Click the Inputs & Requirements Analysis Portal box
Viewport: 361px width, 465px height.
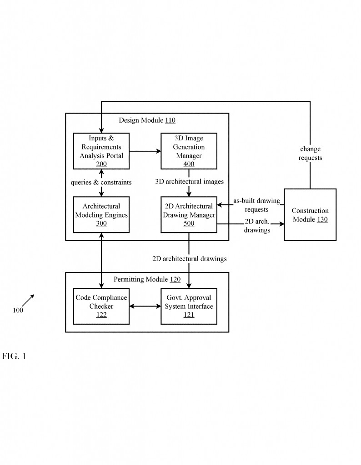101,151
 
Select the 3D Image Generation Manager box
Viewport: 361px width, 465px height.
189,151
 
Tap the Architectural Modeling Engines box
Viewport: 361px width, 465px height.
101,214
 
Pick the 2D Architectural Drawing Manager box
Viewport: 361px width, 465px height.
189,214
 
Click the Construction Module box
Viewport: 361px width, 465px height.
310,214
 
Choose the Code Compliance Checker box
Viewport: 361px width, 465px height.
101,306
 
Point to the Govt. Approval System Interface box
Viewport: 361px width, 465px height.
189,306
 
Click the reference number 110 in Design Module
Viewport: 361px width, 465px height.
170,120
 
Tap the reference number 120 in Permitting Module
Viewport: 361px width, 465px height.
175,279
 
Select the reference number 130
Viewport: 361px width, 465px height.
322,219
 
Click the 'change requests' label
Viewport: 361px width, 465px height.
310,153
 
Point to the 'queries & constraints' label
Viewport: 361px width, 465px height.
101,182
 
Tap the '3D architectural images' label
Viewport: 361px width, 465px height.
190,182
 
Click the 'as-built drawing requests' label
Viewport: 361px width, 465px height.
256,205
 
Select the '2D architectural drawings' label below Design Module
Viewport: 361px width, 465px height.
190,259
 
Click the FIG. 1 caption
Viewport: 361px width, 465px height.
14,356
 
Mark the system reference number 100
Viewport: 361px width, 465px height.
18,310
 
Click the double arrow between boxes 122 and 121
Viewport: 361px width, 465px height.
145,306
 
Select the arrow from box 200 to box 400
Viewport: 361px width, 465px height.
145,151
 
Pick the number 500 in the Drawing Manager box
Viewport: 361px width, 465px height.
189,223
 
